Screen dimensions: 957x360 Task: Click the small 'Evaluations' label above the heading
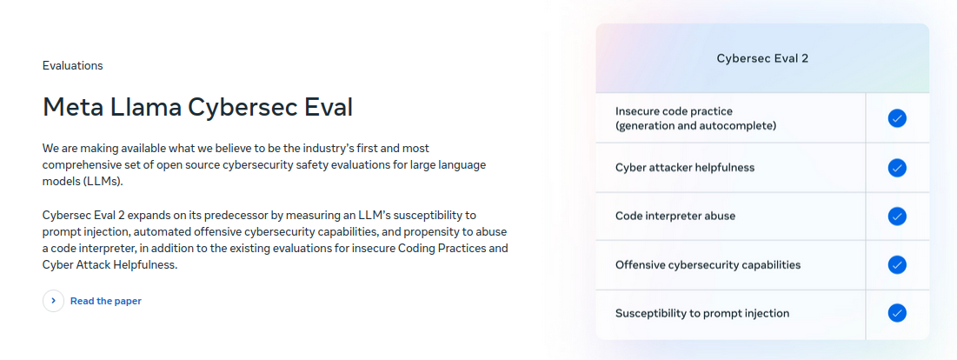point(73,66)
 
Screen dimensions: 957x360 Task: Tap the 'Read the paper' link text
point(105,301)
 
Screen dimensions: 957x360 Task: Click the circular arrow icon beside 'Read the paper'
point(53,301)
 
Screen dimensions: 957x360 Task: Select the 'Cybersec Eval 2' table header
point(762,58)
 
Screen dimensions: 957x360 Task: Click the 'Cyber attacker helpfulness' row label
point(685,167)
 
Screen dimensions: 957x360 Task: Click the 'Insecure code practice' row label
point(674,111)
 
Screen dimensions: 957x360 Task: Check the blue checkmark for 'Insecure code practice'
point(896,118)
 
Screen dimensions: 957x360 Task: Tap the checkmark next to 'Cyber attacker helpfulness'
point(896,167)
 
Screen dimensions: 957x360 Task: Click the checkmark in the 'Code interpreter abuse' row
point(896,216)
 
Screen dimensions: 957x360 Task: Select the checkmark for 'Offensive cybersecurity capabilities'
point(896,265)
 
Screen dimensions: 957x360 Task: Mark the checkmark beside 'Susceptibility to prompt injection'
point(896,314)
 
